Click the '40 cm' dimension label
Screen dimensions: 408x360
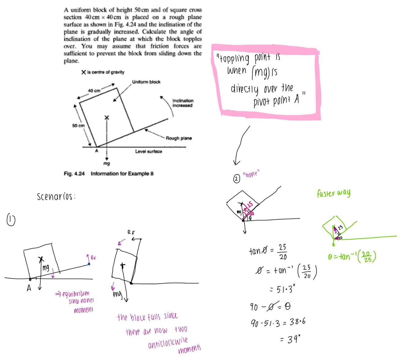tap(94, 91)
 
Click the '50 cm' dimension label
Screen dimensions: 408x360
tap(78, 126)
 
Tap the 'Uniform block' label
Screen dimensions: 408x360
tap(146, 82)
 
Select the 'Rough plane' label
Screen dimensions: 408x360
tap(179, 138)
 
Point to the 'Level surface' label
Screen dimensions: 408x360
tap(149, 152)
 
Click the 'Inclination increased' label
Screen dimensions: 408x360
tap(183, 103)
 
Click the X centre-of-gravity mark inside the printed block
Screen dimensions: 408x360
tap(106, 118)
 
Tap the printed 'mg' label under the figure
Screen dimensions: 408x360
tap(106, 163)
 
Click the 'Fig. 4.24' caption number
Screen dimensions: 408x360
tap(74, 174)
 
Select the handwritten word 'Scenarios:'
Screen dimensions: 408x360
tap(56, 197)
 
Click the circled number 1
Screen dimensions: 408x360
tap(11, 220)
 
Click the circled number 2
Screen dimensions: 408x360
tap(236, 178)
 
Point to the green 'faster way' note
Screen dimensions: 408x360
tap(333, 193)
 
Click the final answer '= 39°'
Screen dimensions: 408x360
tap(290, 339)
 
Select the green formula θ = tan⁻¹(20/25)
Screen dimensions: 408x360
tap(352, 257)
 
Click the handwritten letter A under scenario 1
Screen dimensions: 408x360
tap(29, 288)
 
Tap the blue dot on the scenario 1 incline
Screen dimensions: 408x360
tap(89, 264)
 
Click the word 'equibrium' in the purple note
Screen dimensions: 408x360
tap(76, 294)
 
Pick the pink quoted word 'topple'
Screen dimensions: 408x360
tap(251, 174)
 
